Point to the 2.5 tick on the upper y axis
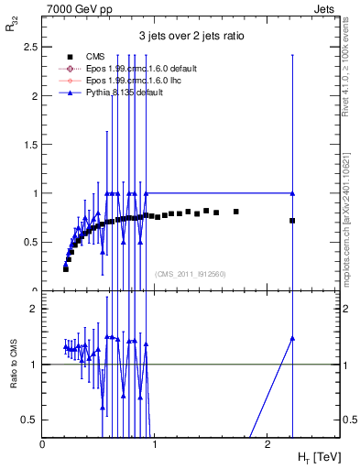[29, 46]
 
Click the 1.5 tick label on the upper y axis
[29, 144]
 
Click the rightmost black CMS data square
[292, 221]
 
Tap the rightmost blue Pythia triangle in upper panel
[292, 193]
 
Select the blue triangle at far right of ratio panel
[292, 338]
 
